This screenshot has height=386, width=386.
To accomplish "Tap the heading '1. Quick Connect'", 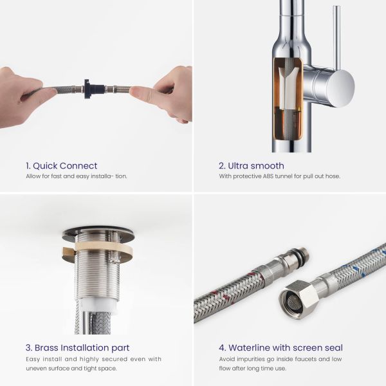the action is (x=62, y=166).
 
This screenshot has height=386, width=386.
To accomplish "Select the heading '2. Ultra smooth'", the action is (x=252, y=166).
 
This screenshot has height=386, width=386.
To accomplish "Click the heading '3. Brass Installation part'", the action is (x=78, y=347).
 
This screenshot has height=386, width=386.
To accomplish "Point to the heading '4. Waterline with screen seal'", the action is (x=280, y=347).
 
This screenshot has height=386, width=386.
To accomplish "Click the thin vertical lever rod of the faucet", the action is (x=336, y=37).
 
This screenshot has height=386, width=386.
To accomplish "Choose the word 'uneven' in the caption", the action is (x=34, y=369).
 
